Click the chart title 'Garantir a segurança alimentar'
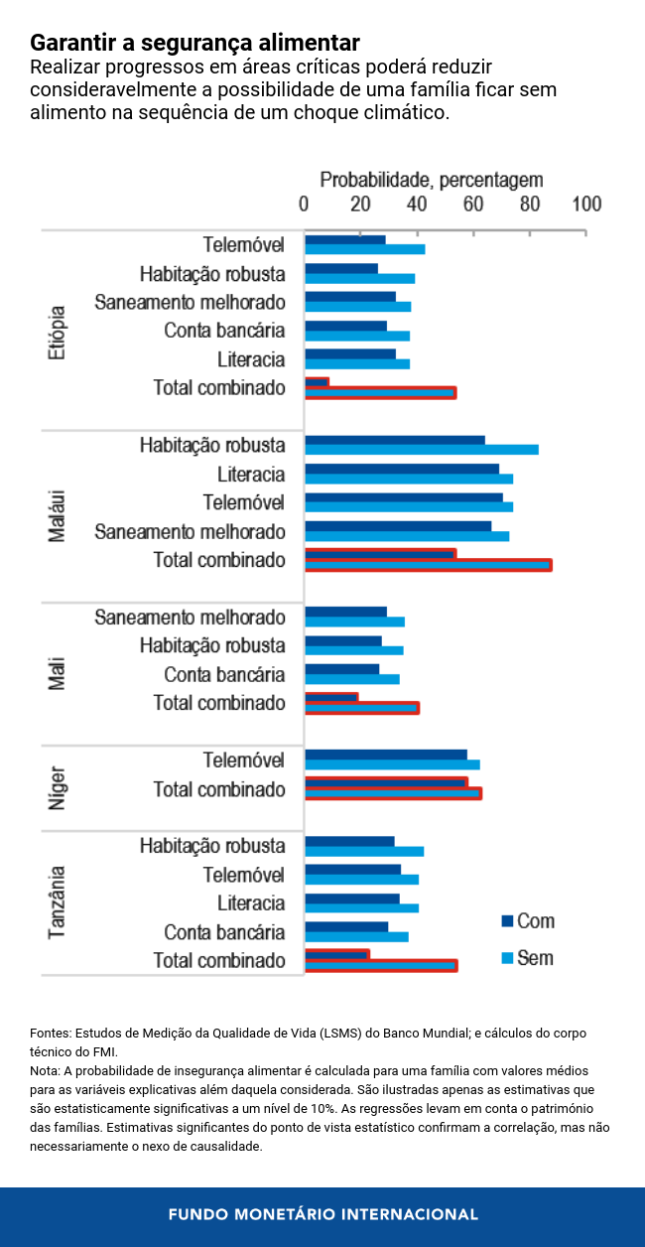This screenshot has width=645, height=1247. pyautogui.click(x=194, y=44)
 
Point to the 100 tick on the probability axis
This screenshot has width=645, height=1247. pyautogui.click(x=586, y=204)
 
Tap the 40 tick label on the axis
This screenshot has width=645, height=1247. pyautogui.click(x=418, y=204)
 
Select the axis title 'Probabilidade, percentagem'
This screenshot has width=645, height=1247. pyautogui.click(x=432, y=180)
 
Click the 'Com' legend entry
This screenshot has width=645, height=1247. pyautogui.click(x=535, y=921)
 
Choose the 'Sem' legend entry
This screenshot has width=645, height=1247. pyautogui.click(x=535, y=958)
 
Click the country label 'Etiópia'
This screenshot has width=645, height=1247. pyautogui.click(x=57, y=331)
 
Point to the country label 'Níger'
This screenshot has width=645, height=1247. pyautogui.click(x=57, y=786)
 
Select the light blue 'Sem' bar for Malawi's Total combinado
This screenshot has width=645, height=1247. pyautogui.click(x=428, y=565)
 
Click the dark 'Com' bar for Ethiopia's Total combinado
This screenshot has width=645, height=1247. pyautogui.click(x=317, y=382)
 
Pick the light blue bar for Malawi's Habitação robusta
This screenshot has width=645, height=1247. pyautogui.click(x=422, y=450)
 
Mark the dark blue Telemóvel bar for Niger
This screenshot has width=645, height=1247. pyautogui.click(x=385, y=756)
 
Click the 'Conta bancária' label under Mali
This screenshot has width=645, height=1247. pyautogui.click(x=224, y=675)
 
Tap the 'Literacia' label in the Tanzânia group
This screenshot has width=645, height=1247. pyautogui.click(x=251, y=903)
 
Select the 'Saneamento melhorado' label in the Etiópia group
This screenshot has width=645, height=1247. pyautogui.click(x=190, y=302)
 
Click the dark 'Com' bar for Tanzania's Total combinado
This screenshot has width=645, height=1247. pyautogui.click(x=336, y=955)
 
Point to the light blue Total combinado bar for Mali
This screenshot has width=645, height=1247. pyautogui.click(x=361, y=708)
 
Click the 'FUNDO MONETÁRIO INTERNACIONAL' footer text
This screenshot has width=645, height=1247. pyautogui.click(x=322, y=1214)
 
